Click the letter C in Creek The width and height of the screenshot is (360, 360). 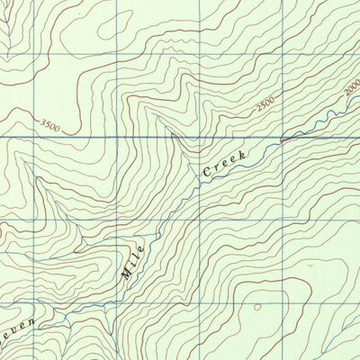pos(206,171)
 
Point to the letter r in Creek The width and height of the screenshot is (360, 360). pos(215,165)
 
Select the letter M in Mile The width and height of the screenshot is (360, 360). pos(126,274)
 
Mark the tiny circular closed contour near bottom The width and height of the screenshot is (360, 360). pos(258,307)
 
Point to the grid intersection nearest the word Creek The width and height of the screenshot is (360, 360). pos(198,138)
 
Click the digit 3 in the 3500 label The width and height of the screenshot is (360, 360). pos(41,124)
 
